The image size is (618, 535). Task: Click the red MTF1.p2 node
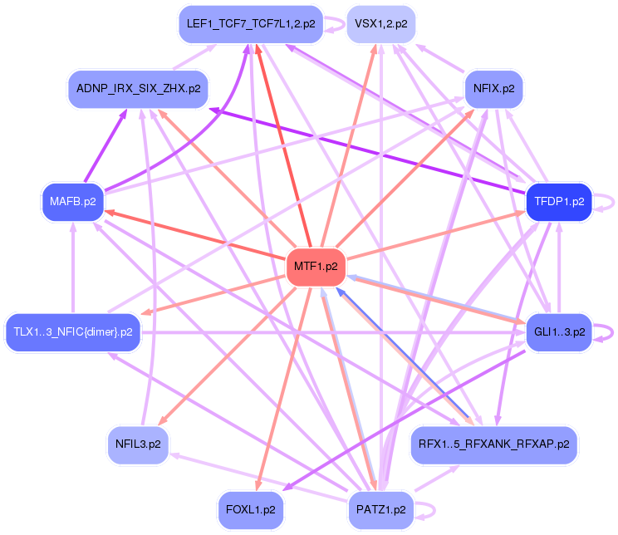tap(316, 267)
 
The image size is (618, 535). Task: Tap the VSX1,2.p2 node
tap(380, 23)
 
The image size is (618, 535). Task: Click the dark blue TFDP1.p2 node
tap(559, 201)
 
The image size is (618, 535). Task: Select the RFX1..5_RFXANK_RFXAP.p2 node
tap(493, 444)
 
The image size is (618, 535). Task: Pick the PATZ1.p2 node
tap(380, 508)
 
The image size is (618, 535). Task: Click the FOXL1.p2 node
tap(250, 508)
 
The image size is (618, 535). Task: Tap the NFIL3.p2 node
tap(138, 444)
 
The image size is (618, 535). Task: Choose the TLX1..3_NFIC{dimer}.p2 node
tap(73, 331)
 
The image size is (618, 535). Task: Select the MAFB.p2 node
tap(73, 201)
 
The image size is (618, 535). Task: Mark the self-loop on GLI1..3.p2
tap(608, 331)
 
